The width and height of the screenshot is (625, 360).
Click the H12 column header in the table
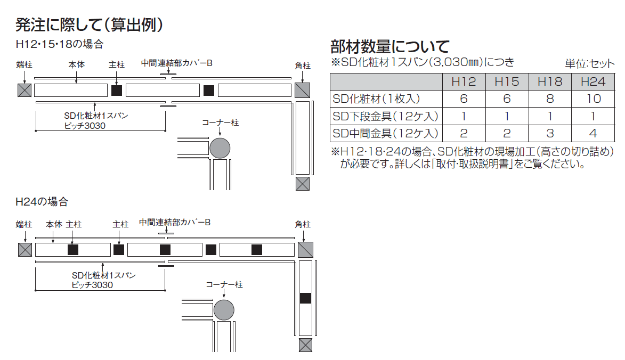464,81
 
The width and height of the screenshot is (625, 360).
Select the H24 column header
592,81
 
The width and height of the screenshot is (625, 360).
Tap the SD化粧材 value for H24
594,99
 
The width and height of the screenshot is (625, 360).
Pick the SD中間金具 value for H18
550,133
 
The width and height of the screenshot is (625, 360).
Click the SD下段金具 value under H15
507,116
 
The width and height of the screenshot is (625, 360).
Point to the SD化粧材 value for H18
550,99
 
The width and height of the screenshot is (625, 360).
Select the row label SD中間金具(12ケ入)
385,133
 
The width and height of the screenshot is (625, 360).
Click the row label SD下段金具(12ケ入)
385,116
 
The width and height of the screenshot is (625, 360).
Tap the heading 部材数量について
390,46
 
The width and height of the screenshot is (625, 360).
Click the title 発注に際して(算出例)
90,24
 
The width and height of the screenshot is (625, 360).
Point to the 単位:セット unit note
590,63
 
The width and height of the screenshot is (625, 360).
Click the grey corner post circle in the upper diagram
220,148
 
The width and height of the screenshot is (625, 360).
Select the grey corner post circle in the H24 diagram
224,310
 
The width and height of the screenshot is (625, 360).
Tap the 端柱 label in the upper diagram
25,64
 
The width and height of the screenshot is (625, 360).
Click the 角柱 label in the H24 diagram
303,225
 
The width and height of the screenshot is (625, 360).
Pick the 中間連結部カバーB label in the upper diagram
176,63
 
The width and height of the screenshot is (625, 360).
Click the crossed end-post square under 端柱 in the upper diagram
25,91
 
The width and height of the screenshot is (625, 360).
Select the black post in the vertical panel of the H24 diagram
305,298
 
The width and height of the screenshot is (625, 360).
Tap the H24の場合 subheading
42,202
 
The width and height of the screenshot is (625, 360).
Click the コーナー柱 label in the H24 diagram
224,284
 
